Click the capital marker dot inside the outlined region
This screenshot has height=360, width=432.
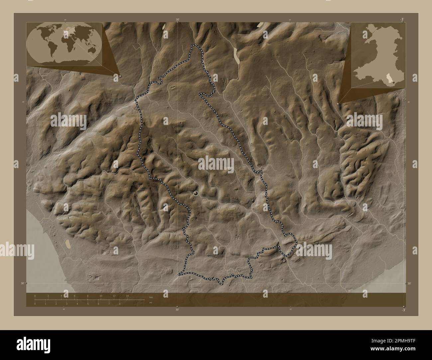196,193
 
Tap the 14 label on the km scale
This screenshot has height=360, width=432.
127,296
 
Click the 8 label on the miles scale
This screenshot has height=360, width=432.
120,304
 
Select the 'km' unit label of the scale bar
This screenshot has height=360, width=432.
151,297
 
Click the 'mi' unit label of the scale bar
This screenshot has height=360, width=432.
151,303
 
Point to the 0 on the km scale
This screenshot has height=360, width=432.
35,296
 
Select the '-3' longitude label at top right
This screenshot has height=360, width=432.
402,20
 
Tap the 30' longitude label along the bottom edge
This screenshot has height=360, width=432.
177,310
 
